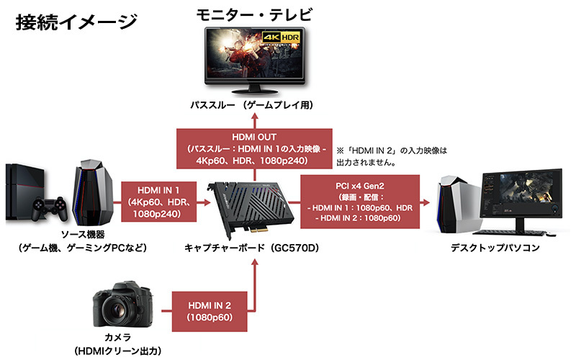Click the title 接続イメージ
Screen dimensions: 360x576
coord(76,22)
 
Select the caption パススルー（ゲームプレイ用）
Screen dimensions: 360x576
coord(252,105)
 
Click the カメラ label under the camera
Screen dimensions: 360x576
coord(120,338)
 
